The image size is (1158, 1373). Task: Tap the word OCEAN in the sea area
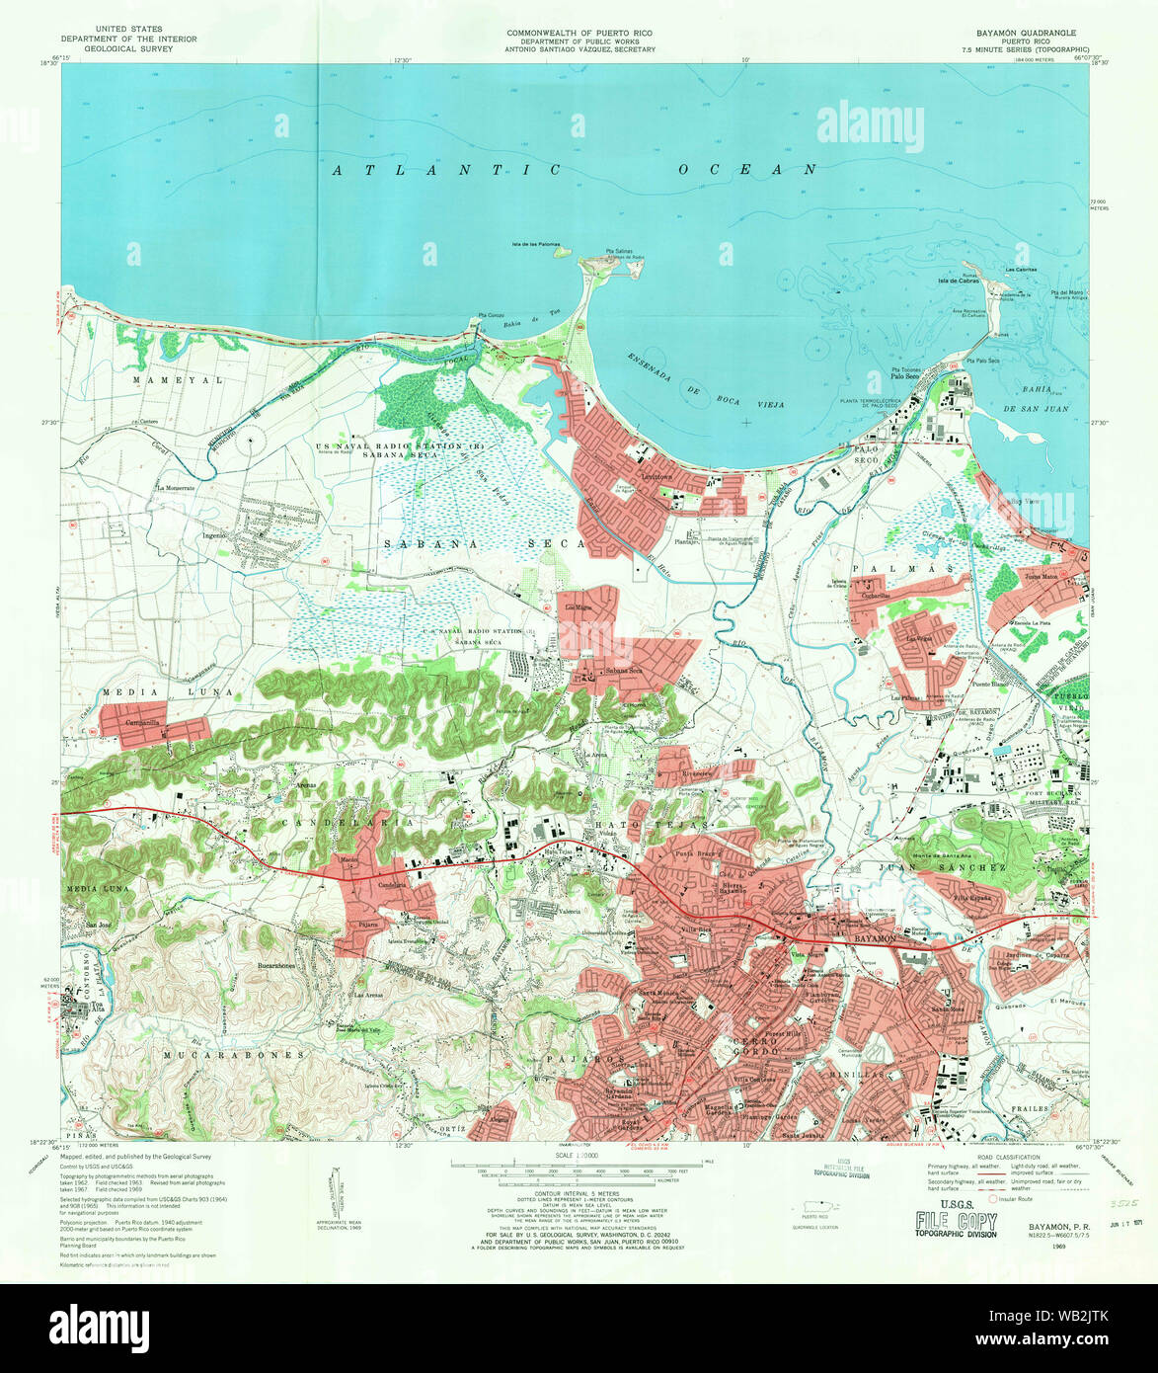tap(748, 170)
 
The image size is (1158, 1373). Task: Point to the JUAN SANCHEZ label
tap(933, 867)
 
